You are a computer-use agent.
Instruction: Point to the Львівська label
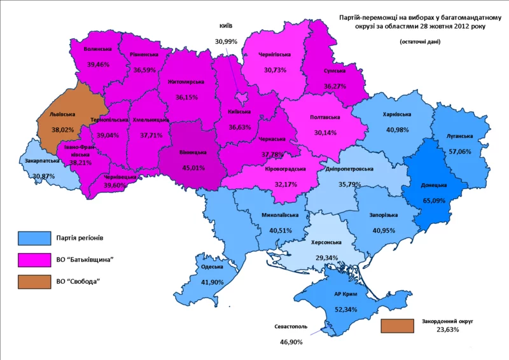click(62, 115)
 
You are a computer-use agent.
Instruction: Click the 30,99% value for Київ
click(225, 41)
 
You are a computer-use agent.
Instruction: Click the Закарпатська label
click(38, 162)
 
